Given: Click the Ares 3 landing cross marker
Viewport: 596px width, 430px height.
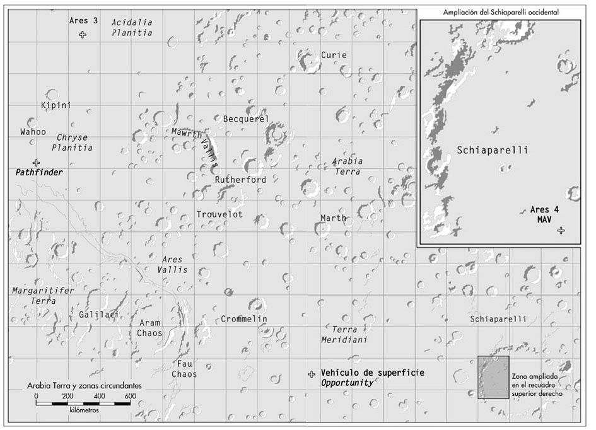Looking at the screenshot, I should coord(83,35).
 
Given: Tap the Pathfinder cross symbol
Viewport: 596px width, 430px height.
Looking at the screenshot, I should coord(36,163).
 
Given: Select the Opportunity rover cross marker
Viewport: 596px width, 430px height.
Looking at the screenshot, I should coord(311,375).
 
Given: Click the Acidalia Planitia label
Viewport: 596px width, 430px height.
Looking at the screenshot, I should coord(131,27).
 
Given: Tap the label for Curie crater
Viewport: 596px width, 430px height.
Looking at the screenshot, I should coord(334,55).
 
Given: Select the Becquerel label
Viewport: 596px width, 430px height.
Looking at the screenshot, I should coord(246,119).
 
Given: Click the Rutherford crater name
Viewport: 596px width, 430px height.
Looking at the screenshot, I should coord(240,180).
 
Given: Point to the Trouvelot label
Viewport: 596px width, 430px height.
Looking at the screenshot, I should coord(219,214).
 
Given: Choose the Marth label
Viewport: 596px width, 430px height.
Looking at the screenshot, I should coord(333,218).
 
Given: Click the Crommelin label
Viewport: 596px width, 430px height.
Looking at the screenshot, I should coord(244,319).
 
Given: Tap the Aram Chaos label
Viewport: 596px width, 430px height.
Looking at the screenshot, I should coord(150,327).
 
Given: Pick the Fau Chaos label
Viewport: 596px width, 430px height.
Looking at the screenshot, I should coord(184,369).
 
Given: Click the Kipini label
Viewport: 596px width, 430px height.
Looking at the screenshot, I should coord(56,105).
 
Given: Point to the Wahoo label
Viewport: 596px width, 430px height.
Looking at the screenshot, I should coord(33,132).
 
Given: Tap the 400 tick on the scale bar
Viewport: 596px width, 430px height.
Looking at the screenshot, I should coord(99,395).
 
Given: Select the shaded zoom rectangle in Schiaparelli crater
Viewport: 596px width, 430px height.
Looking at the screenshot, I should coord(493,377).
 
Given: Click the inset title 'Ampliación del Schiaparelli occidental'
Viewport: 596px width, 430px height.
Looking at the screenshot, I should coord(501,11).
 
